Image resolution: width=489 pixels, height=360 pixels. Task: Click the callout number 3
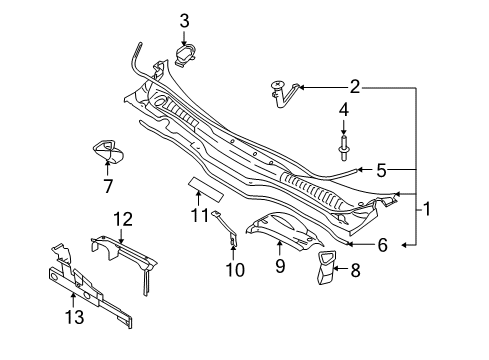click(184, 21)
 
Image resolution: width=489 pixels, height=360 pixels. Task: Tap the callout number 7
click(108, 186)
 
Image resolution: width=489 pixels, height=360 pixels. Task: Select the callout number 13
click(74, 316)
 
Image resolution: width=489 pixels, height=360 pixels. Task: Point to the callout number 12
click(123, 219)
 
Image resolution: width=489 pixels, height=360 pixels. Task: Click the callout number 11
click(200, 214)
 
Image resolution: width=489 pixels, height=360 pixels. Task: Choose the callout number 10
click(235, 269)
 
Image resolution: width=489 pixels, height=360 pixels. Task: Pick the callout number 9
click(280, 266)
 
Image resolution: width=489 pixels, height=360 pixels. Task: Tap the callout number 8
click(355, 270)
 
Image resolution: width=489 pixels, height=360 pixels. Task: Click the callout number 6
click(383, 245)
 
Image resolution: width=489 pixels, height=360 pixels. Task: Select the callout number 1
click(426, 209)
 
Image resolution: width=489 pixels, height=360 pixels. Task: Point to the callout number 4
click(344, 110)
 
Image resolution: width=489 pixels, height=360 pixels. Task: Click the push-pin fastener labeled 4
click(344, 148)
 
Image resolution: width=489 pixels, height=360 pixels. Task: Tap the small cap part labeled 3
click(184, 56)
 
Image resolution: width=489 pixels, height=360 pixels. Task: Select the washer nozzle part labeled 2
click(283, 94)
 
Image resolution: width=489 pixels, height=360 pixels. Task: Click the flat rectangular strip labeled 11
click(206, 190)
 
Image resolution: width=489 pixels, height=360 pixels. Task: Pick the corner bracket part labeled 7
click(108, 152)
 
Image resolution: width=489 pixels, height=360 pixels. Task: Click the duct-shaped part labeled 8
click(326, 268)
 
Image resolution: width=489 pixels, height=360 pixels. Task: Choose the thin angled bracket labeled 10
click(228, 229)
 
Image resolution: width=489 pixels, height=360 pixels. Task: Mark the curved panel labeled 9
click(284, 231)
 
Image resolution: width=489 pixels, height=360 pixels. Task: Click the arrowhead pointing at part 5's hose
click(359, 170)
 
